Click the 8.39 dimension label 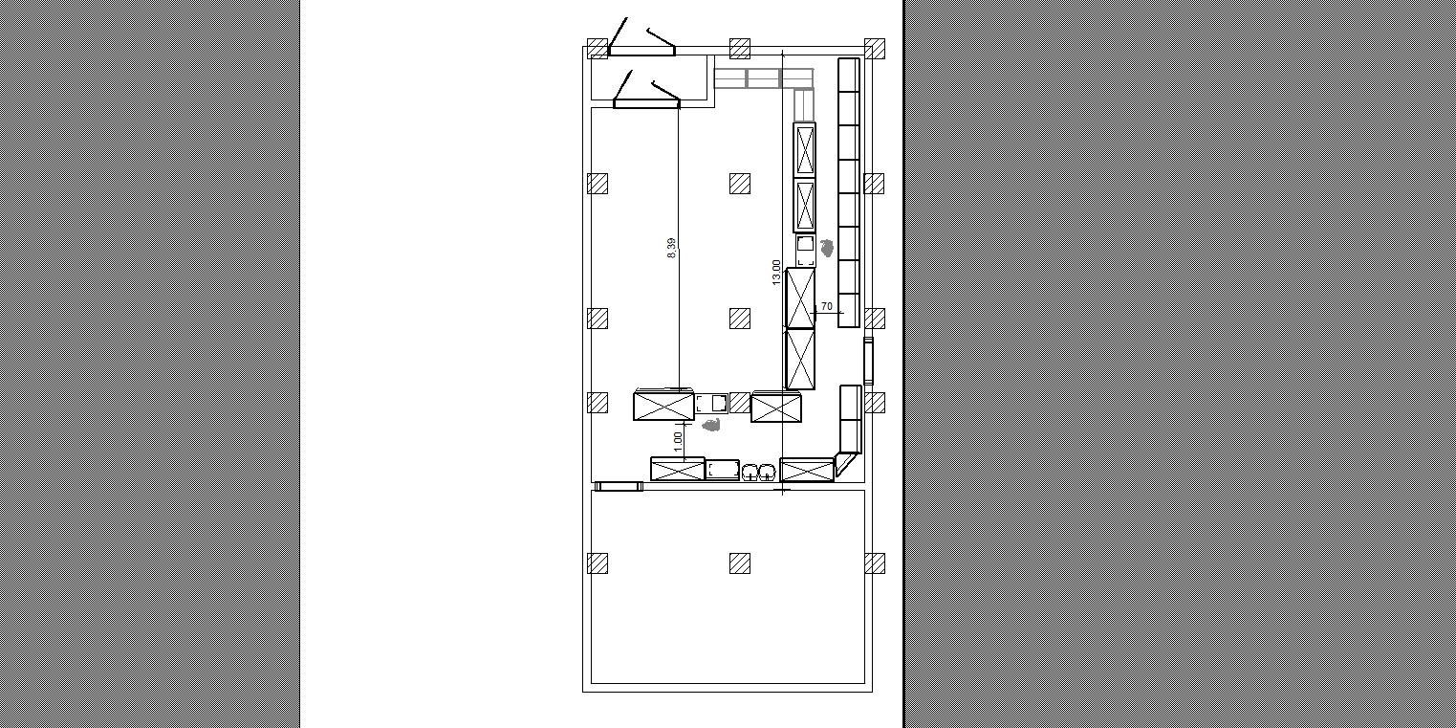click(671, 248)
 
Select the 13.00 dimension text click(776, 273)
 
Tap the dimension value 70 click(827, 306)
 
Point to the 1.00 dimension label click(678, 443)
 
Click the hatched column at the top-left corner click(598, 49)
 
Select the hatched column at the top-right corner click(874, 49)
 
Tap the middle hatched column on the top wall click(740, 49)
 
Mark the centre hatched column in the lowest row click(740, 563)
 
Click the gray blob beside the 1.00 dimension click(712, 426)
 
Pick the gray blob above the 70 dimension click(828, 248)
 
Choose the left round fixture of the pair click(750, 473)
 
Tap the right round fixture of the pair click(767, 473)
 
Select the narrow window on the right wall click(868, 361)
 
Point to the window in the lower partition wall click(619, 487)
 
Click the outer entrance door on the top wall click(641, 50)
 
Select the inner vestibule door click(647, 102)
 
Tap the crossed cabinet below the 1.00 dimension click(677, 469)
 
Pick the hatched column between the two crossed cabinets click(740, 403)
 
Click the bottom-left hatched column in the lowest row click(598, 563)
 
